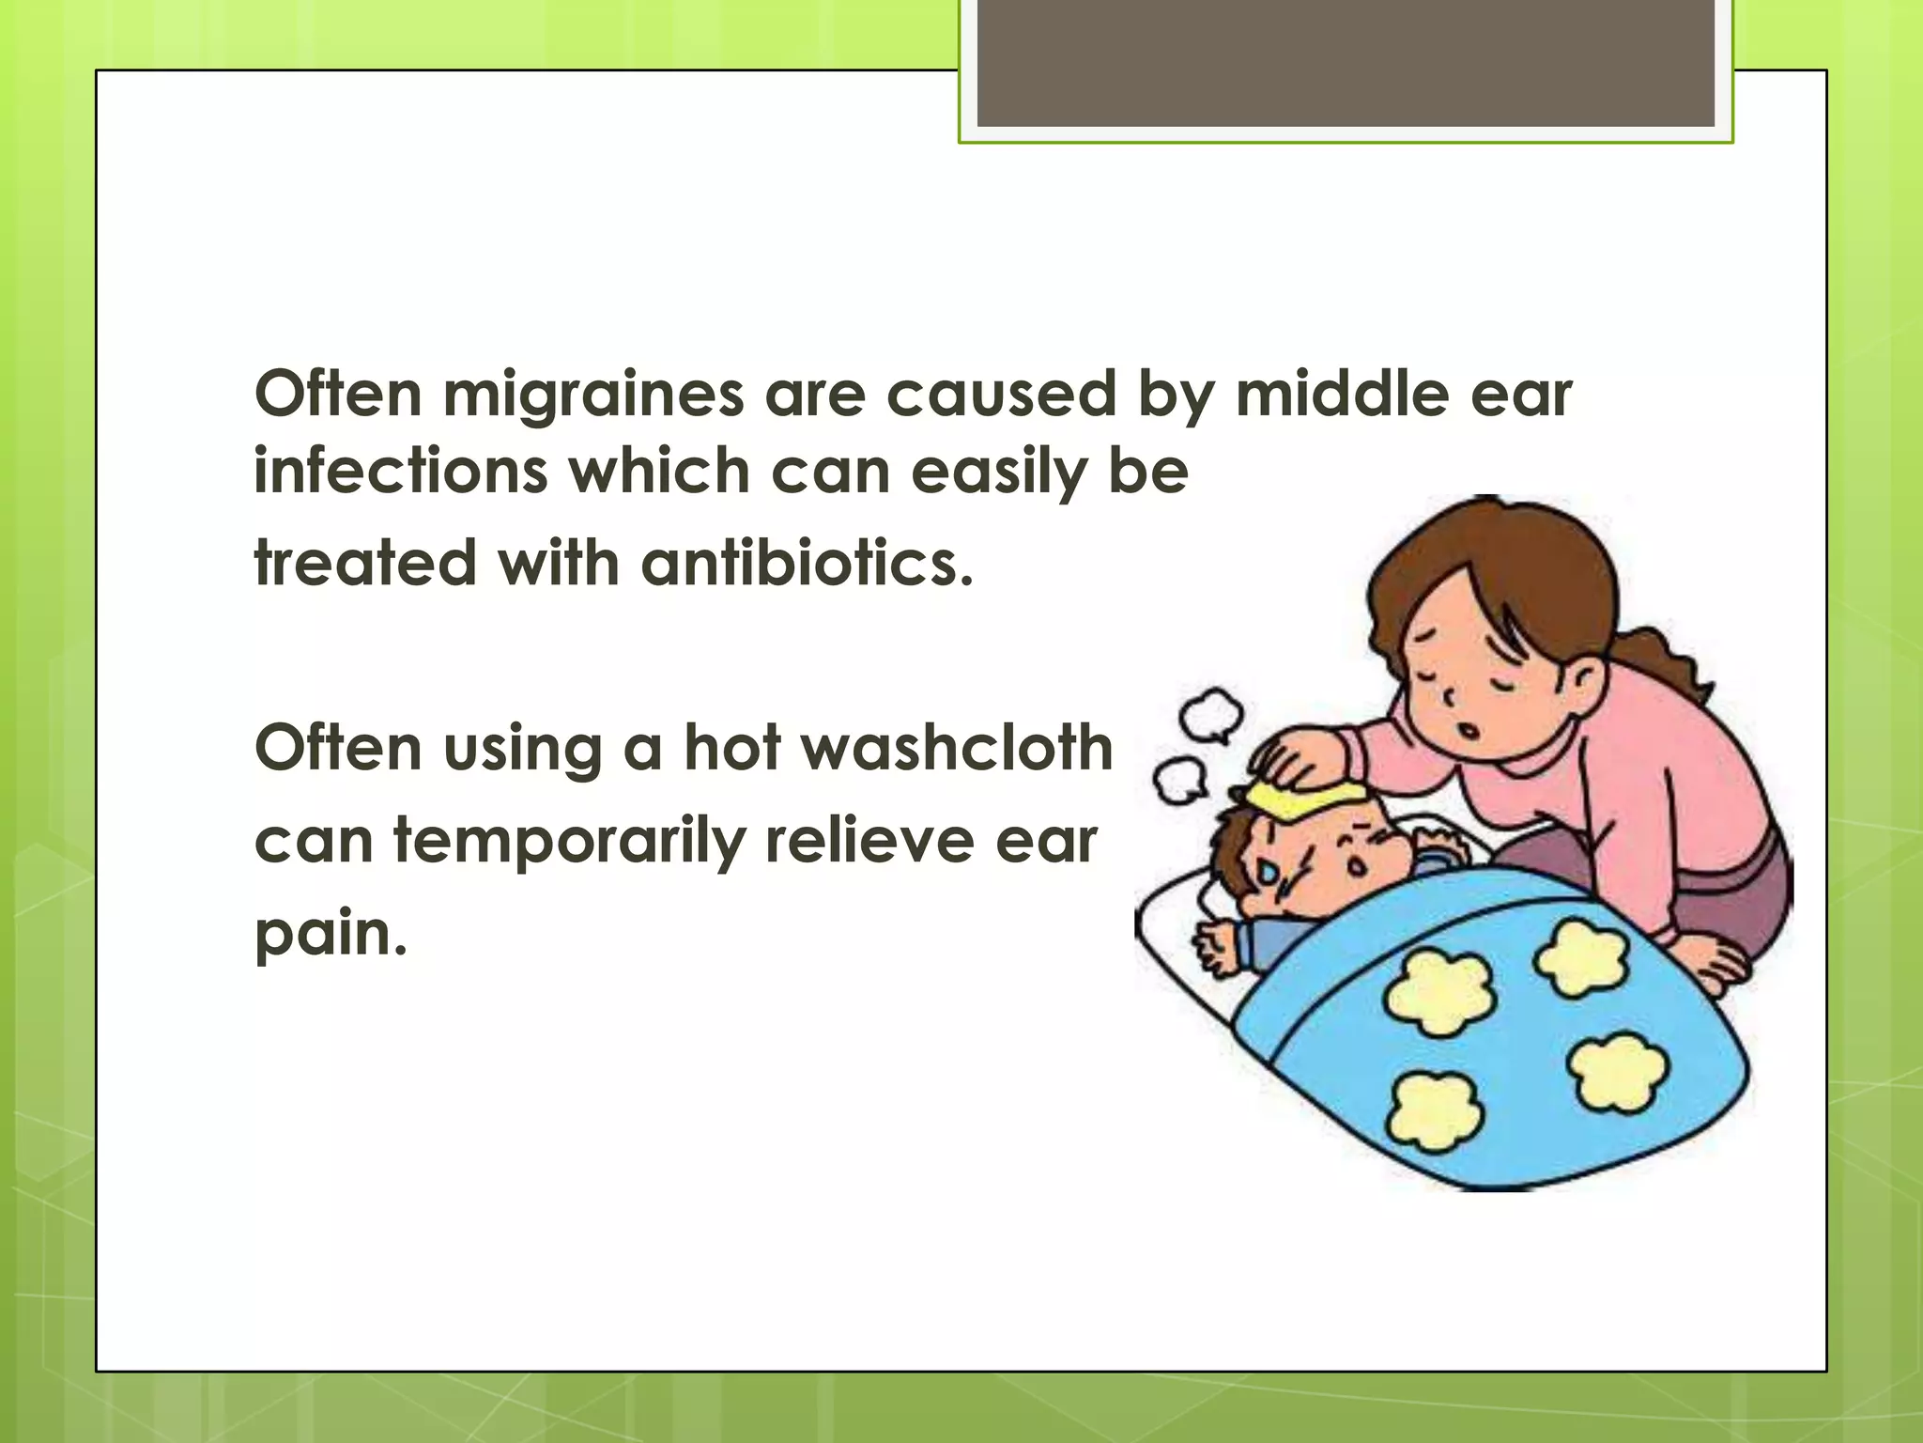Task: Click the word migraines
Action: (593, 395)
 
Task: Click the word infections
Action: (401, 471)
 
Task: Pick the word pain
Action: (331, 935)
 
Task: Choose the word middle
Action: (1341, 395)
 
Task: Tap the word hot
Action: (732, 748)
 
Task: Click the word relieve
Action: (869, 840)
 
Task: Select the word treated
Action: (365, 564)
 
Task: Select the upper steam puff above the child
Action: (1211, 714)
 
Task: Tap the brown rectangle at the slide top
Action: (1345, 62)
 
